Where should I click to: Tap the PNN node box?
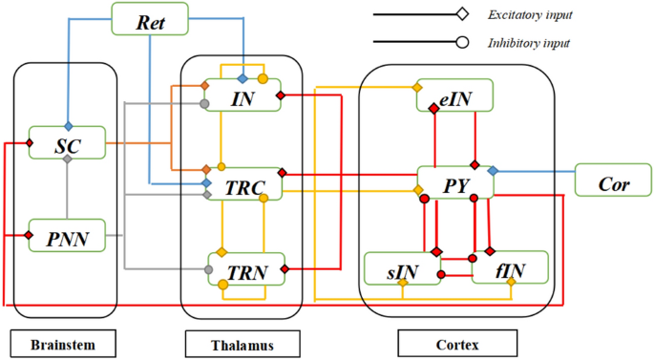[67, 235]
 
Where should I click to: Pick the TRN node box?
[243, 268]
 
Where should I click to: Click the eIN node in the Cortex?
[454, 95]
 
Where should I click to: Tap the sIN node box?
[403, 269]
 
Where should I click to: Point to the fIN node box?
[511, 268]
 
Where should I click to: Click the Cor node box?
[613, 182]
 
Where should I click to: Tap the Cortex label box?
[456, 342]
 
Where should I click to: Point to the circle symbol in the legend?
[461, 42]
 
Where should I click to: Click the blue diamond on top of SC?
[68, 126]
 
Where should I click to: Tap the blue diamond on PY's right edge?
[493, 170]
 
